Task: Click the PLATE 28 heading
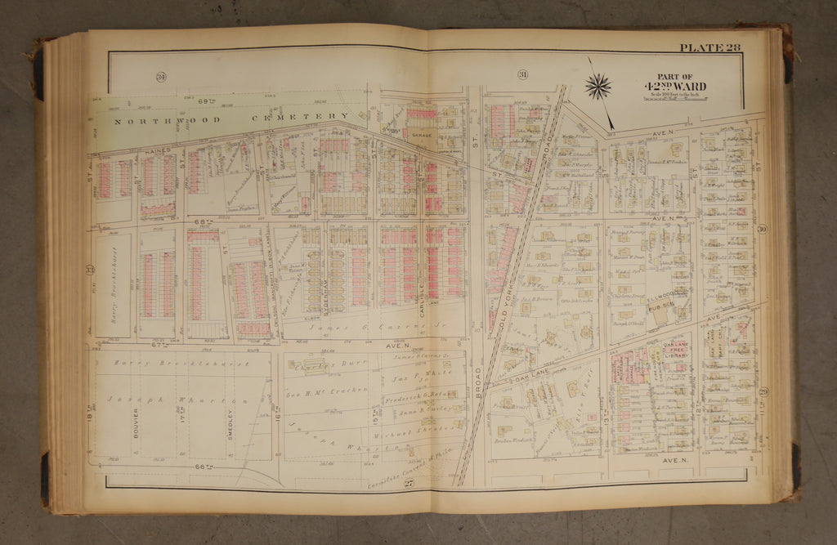709,47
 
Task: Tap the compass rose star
598,86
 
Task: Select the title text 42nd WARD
674,87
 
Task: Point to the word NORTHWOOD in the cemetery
151,121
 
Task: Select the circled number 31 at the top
521,76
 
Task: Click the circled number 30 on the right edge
762,230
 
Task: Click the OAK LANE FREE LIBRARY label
674,350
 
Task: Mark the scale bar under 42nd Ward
687,97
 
